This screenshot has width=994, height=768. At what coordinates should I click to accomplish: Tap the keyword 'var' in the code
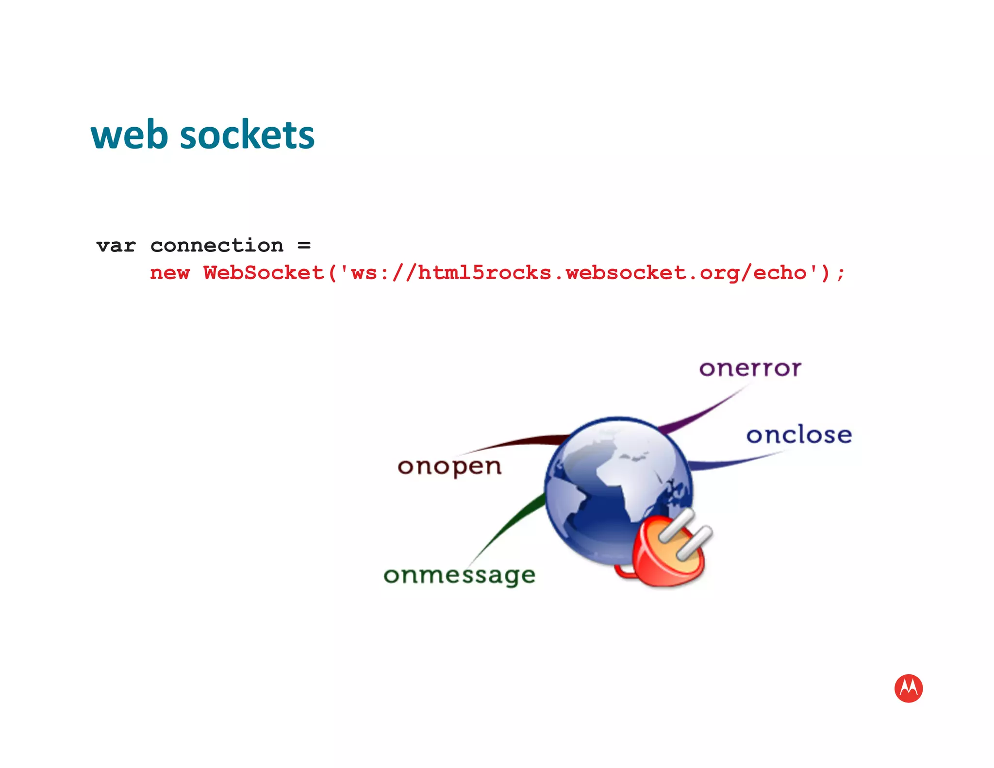(116, 246)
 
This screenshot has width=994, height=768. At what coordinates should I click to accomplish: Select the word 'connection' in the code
(216, 246)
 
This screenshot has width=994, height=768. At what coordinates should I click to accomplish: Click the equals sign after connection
(304, 246)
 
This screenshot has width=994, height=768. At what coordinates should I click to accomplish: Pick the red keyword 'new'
(169, 273)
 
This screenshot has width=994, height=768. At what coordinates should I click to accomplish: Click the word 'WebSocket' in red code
(264, 273)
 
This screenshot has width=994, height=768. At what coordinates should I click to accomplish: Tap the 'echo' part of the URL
(779, 273)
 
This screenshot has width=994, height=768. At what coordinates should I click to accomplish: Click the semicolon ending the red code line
(841, 274)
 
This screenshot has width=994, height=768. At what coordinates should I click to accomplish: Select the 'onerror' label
(750, 368)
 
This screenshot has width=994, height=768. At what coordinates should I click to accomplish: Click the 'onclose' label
(799, 434)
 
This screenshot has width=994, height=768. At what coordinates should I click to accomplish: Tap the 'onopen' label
(449, 467)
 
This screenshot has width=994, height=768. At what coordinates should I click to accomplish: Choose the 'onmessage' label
(459, 576)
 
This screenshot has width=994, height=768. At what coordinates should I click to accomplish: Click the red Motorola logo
(908, 688)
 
